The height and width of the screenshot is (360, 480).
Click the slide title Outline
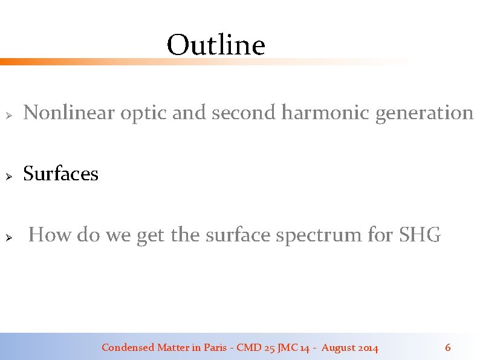coord(216,45)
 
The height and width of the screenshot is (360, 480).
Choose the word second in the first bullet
coord(244,113)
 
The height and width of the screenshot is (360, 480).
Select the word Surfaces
coord(60,174)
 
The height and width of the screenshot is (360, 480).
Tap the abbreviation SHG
coord(420,235)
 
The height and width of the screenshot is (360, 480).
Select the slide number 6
coord(447,347)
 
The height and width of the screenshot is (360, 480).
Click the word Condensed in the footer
coord(128,347)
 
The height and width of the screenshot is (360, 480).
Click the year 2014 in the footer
coord(368,347)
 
